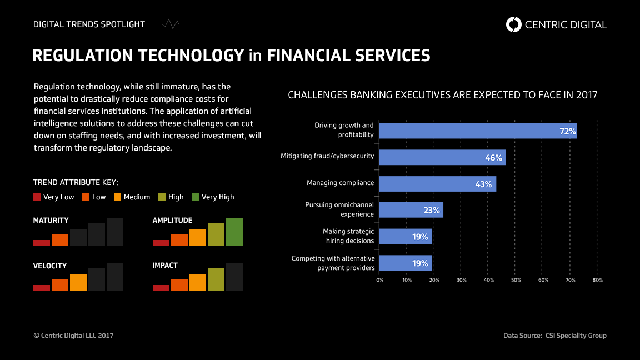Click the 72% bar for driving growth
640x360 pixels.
pyautogui.click(x=478, y=131)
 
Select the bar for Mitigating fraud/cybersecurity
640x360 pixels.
pyautogui.click(x=442, y=157)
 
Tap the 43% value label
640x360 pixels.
pyautogui.click(x=483, y=184)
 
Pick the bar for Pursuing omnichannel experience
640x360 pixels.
pyautogui.click(x=411, y=210)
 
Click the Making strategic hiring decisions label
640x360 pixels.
pyautogui.click(x=348, y=236)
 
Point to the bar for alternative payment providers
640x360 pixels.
pyautogui.click(x=406, y=263)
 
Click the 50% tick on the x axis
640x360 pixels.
pyautogui.click(x=516, y=281)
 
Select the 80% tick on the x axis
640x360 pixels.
pyautogui.click(x=598, y=281)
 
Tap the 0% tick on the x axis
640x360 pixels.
pyautogui.click(x=380, y=281)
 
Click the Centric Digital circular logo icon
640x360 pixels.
pyautogui.click(x=514, y=24)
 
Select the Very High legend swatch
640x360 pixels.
pyautogui.click(x=195, y=197)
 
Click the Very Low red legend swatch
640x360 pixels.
pyautogui.click(x=37, y=197)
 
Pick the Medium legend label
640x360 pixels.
pyautogui.click(x=137, y=197)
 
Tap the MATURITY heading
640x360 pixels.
pyautogui.click(x=51, y=221)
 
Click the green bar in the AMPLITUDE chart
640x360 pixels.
pyautogui.click(x=234, y=232)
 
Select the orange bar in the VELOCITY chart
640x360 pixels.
pyautogui.click(x=78, y=282)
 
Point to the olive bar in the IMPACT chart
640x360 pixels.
pyautogui.click(x=216, y=279)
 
